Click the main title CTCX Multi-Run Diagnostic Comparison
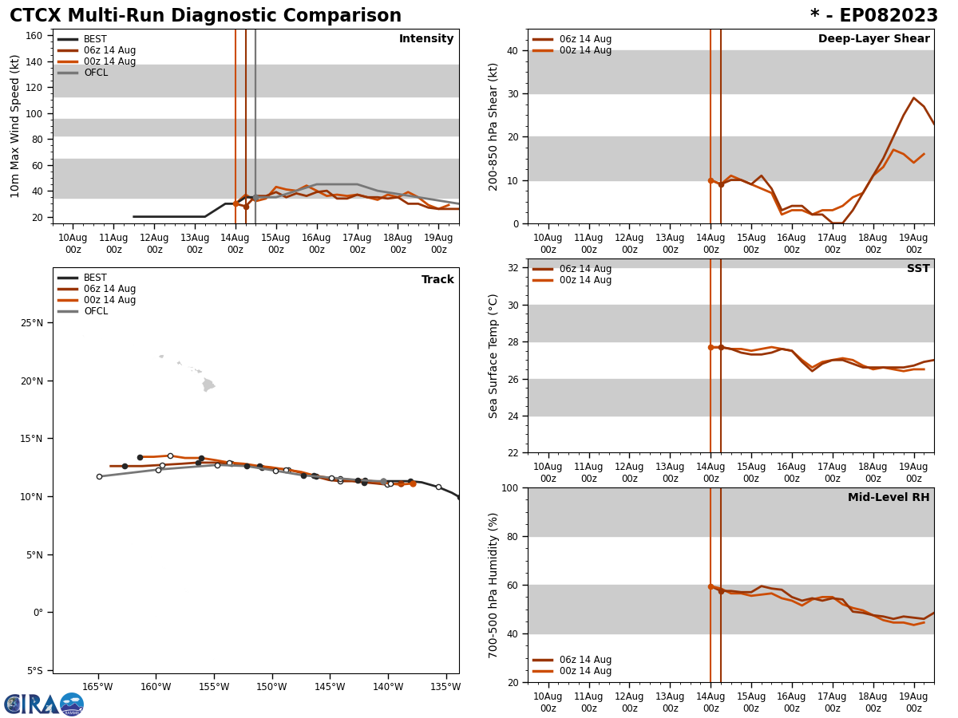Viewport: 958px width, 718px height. click(205, 16)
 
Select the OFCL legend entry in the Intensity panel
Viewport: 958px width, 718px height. click(95, 73)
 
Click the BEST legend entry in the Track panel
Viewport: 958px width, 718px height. click(95, 278)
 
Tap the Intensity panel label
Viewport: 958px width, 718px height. click(426, 39)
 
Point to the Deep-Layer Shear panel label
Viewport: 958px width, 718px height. click(873, 39)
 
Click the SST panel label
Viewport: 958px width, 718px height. click(917, 269)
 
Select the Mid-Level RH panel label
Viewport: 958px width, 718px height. click(888, 498)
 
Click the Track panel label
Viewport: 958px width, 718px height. click(437, 280)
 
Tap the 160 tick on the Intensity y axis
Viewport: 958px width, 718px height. click(34, 36)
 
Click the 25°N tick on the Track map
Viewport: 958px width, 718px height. click(31, 323)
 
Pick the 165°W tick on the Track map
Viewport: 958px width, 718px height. click(97, 687)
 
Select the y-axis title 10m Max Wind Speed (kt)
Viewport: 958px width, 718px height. click(15, 126)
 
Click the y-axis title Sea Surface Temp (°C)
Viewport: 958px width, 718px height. click(493, 356)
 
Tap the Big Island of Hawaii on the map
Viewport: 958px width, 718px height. click(208, 385)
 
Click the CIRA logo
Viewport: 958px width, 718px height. click(43, 704)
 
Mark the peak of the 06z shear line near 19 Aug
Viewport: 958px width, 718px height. click(913, 98)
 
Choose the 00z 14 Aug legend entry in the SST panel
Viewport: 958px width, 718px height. click(585, 280)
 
